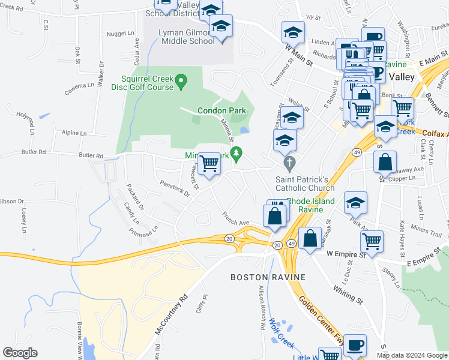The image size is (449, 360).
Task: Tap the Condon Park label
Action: pos(221,110)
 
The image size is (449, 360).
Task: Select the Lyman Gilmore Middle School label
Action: pos(187,37)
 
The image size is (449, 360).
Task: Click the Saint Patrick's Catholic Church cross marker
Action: pos(290,163)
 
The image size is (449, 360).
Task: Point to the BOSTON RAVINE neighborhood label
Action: pos(268,277)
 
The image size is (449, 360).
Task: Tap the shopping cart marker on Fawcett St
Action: pos(209,163)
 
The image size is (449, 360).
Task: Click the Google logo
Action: pos(20,353)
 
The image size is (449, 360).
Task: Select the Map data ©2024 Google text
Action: pos(411,355)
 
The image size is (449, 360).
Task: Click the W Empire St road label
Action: pos(346,254)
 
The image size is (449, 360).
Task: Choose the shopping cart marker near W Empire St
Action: pos(372,241)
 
